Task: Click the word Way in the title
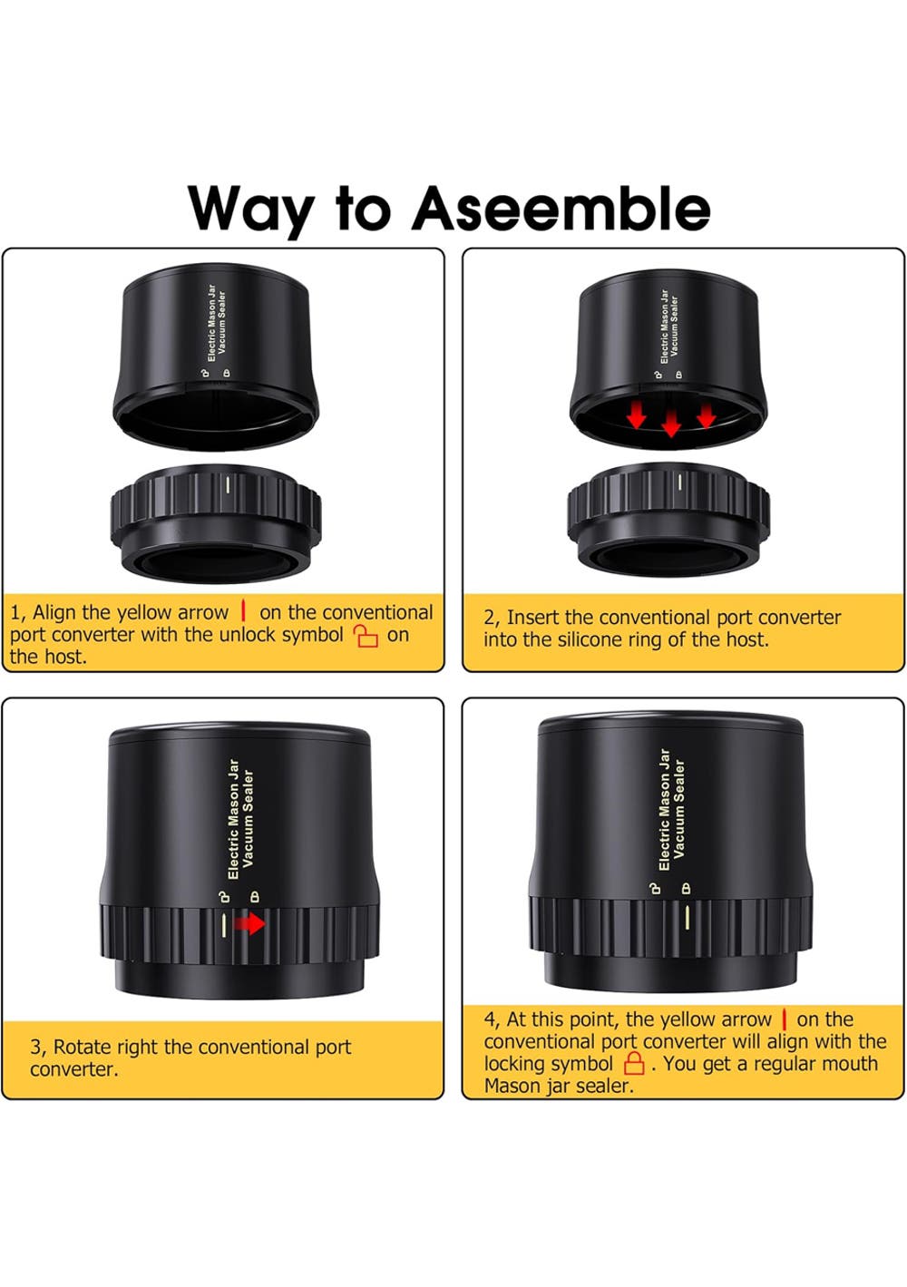click(x=251, y=211)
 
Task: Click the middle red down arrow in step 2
click(x=670, y=424)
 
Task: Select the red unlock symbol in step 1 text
click(x=366, y=636)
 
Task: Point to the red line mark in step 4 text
click(x=784, y=1019)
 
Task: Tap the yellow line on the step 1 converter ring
click(x=228, y=484)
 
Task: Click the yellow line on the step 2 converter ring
click(x=679, y=482)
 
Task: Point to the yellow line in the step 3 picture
click(x=224, y=926)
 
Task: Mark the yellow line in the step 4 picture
click(x=687, y=918)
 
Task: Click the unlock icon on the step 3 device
click(x=221, y=897)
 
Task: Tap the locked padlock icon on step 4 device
click(x=686, y=888)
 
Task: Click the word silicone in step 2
click(x=596, y=639)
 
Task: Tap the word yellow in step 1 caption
click(x=145, y=613)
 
